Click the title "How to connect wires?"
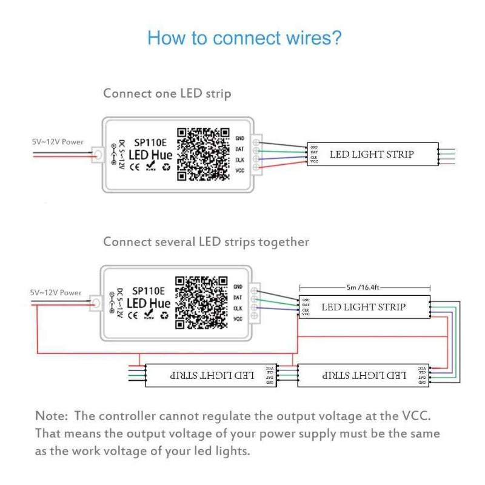(244, 38)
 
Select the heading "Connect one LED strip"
(167, 93)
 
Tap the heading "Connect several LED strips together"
(206, 242)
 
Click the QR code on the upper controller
(201, 154)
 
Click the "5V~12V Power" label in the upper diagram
(58, 142)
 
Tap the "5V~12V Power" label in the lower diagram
(56, 293)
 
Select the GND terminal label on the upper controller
(239, 138)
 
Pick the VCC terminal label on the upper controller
(239, 170)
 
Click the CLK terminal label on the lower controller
(238, 308)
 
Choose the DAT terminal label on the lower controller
(238, 297)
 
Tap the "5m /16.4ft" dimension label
(364, 288)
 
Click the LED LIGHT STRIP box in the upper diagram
(372, 154)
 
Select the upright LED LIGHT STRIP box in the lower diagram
(364, 307)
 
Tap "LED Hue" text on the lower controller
(149, 303)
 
